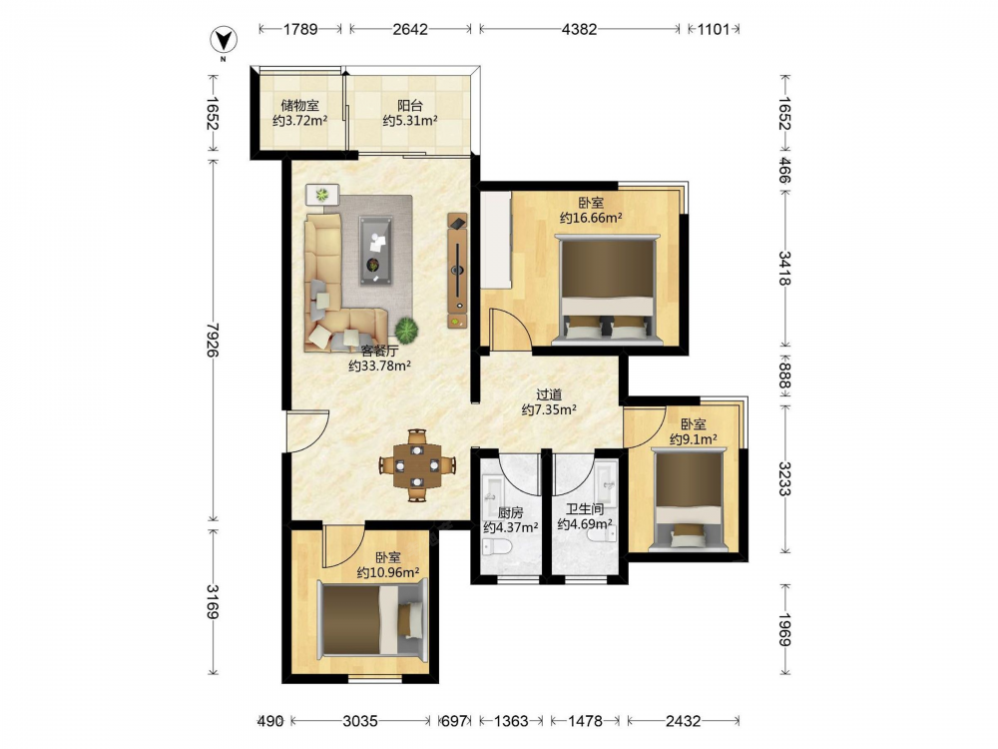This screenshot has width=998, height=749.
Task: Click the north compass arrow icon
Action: (224, 41)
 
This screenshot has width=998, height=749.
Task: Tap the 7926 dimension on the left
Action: (213, 340)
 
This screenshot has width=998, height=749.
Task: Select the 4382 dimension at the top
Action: (579, 29)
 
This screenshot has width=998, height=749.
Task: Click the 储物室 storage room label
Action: (299, 106)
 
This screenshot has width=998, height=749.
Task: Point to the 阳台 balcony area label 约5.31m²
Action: (410, 121)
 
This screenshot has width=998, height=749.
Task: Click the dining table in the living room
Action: (417, 465)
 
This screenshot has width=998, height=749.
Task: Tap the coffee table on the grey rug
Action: (375, 251)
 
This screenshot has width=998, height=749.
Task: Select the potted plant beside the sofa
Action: (406, 330)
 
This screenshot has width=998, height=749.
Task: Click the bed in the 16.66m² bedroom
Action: (606, 290)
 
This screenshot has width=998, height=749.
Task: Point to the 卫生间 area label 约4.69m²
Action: (585, 524)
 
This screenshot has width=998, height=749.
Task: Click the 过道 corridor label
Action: (549, 394)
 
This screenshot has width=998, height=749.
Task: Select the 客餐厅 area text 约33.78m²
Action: (379, 366)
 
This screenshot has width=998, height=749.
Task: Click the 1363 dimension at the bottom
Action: (511, 721)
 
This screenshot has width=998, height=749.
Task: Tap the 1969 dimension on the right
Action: (784, 629)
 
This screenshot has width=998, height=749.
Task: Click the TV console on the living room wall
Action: (458, 271)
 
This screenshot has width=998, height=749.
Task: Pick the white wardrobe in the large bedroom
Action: (496, 241)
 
